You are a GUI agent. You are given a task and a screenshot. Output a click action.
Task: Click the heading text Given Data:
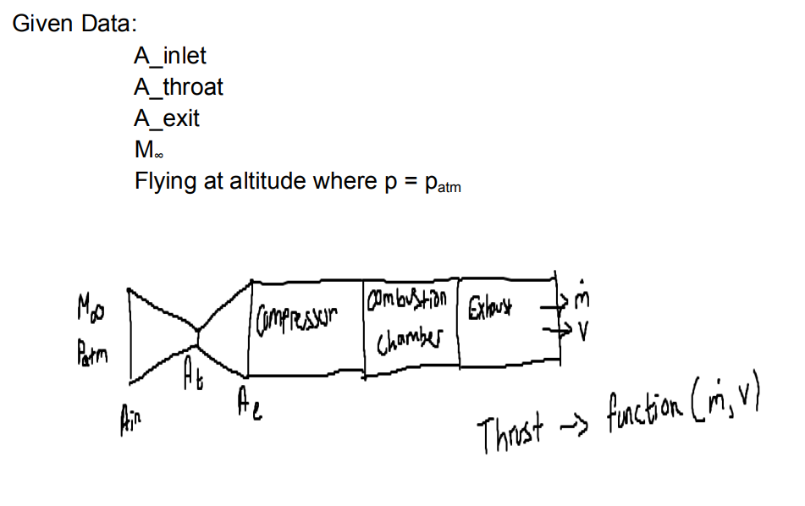pyautogui.click(x=74, y=24)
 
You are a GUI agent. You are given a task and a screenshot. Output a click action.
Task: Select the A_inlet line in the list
pyautogui.click(x=169, y=56)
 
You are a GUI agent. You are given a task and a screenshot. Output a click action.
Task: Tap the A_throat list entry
pyautogui.click(x=179, y=87)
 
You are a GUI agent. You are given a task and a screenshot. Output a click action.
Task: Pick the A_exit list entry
pyautogui.click(x=167, y=118)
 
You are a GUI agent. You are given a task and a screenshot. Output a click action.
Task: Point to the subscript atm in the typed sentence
pyautogui.click(x=449, y=187)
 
